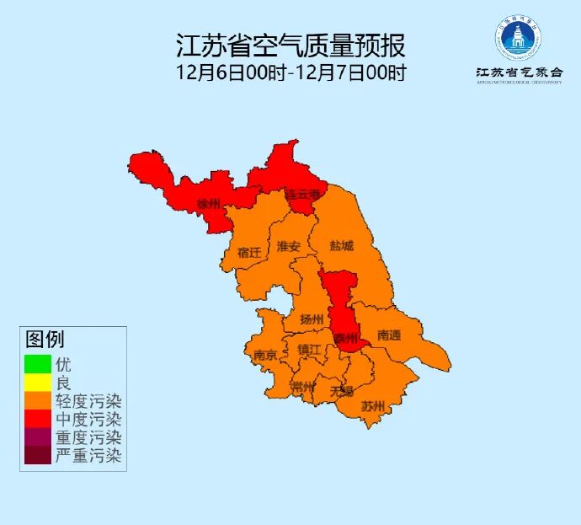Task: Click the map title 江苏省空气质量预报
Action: click(x=290, y=45)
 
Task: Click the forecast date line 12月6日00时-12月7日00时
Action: click(x=290, y=72)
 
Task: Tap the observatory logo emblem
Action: click(x=518, y=36)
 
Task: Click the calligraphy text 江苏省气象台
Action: click(x=518, y=72)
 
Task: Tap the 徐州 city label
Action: click(x=208, y=205)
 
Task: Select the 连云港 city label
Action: click(x=302, y=195)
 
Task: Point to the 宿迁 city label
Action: click(x=249, y=252)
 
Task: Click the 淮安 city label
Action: click(x=289, y=247)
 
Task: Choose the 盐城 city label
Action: click(x=341, y=246)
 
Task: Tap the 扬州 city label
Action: click(x=312, y=319)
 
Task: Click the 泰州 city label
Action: click(x=345, y=338)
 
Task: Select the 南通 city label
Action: click(x=389, y=335)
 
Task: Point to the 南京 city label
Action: click(x=264, y=356)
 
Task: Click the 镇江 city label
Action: click(x=309, y=350)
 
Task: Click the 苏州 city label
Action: click(x=372, y=406)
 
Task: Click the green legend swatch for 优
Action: click(x=38, y=364)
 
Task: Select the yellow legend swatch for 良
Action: click(x=38, y=383)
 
